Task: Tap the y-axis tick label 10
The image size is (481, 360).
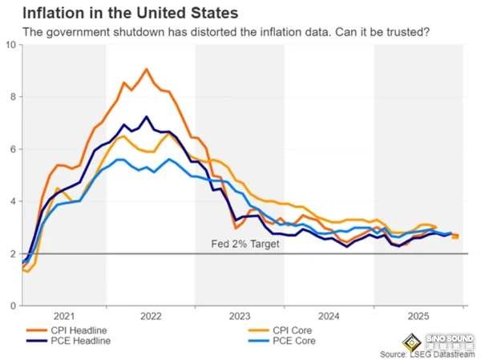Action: pyautogui.click(x=10, y=45)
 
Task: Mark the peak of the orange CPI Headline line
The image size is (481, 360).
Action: pyautogui.click(x=146, y=69)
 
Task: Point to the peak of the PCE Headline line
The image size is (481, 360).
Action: pyautogui.click(x=146, y=117)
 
